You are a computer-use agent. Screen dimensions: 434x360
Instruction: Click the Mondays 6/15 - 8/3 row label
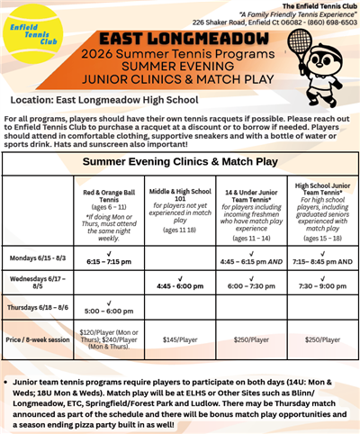(x=36, y=257)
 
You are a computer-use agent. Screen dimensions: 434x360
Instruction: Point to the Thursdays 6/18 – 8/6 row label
(x=36, y=309)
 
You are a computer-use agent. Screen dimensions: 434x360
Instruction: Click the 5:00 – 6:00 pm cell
(x=110, y=312)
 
